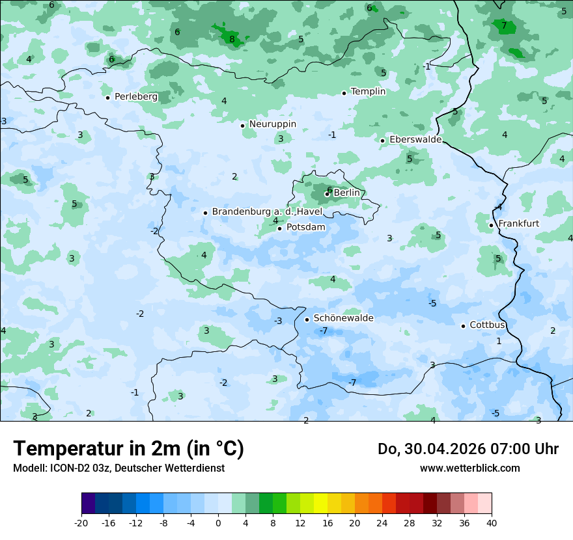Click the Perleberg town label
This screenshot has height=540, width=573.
click(135, 96)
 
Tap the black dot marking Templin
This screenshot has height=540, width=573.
click(344, 93)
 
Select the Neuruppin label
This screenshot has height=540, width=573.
click(272, 124)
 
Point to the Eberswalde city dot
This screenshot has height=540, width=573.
click(383, 141)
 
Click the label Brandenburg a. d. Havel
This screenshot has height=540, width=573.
click(267, 211)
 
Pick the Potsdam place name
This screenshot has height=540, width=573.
click(305, 227)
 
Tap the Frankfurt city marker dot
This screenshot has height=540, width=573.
click(492, 225)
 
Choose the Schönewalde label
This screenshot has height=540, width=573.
click(343, 318)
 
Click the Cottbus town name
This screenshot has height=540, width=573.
click(487, 325)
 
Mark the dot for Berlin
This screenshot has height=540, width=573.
click(327, 194)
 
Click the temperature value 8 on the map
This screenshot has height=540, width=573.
click(232, 39)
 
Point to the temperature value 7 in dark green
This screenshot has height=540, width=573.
click(504, 26)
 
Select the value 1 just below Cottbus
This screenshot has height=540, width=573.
click(499, 341)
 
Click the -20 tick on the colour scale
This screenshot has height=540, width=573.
click(81, 523)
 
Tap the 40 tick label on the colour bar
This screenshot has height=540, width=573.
click(492, 523)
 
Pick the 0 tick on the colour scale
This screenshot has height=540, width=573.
click(218, 523)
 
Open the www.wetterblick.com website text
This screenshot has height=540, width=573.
click(469, 468)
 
